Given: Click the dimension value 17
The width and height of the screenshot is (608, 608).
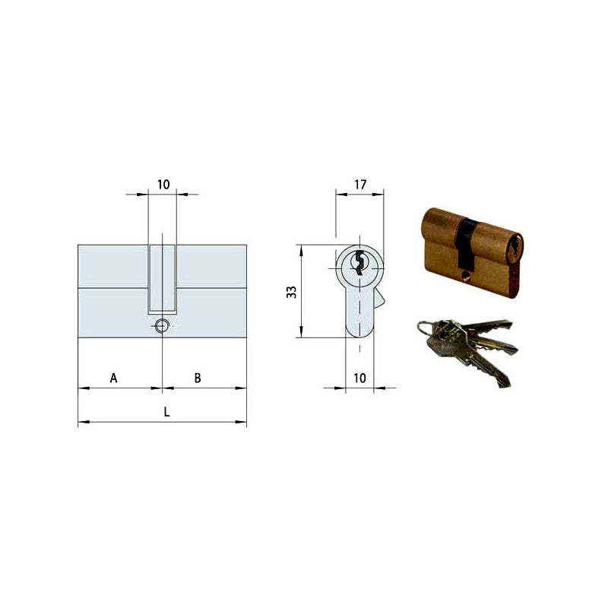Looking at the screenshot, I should [360, 184].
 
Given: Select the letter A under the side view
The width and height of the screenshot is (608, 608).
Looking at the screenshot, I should [113, 378].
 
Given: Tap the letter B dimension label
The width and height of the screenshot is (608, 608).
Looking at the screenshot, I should [197, 378].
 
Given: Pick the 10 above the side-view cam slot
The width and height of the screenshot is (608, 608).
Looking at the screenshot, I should [163, 184].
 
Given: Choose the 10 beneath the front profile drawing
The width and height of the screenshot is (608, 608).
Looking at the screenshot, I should [359, 378].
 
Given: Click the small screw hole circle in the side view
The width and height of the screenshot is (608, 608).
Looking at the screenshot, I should [160, 327].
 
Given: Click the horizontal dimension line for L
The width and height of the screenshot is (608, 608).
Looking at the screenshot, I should [122, 422].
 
